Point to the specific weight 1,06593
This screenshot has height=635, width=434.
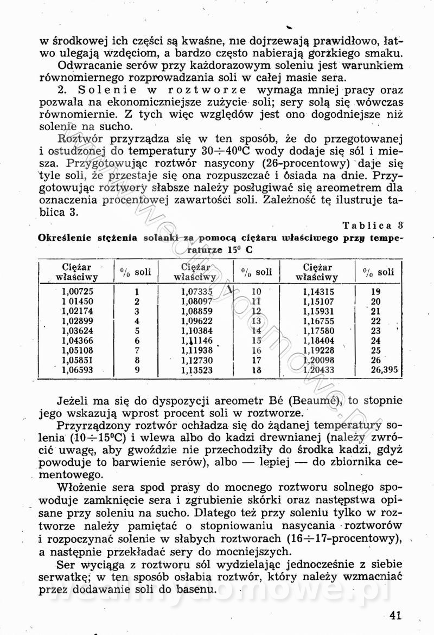click(x=78, y=370)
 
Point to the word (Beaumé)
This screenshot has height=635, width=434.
click(x=316, y=401)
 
